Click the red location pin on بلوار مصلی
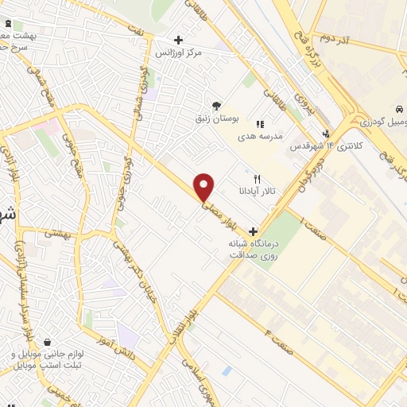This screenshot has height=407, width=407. point(204,186)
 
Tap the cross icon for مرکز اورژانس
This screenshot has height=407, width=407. point(178,40)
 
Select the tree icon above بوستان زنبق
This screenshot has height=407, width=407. point(215,106)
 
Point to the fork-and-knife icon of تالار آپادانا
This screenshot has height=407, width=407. point(256,179)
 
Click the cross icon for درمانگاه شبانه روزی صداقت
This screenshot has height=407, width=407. point(253,231)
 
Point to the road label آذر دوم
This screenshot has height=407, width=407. point(336,37)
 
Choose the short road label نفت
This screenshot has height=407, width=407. point(141,29)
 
